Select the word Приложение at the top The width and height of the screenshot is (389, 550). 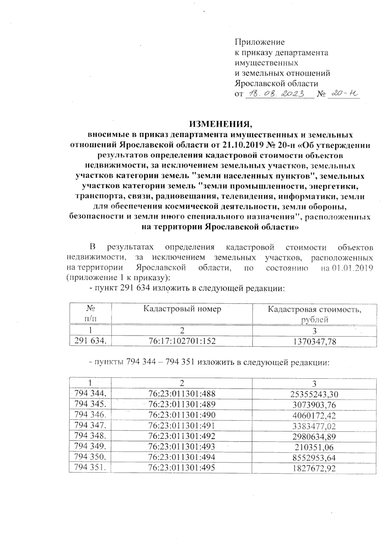[x=259, y=42]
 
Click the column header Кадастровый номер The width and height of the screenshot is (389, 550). [x=182, y=309]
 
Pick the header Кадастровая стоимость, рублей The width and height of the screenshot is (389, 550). [x=314, y=314]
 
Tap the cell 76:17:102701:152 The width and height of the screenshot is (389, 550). [x=182, y=341]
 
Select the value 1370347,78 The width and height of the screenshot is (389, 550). [x=314, y=341]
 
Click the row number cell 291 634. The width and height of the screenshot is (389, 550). [x=90, y=341]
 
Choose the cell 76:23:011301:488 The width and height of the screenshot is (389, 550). [x=182, y=394]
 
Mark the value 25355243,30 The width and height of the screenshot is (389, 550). [x=314, y=394]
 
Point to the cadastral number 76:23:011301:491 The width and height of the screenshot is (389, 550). [x=182, y=426]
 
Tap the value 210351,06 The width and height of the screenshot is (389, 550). [x=314, y=447]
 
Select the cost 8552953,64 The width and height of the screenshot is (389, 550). [x=314, y=458]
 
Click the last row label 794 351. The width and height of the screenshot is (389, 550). [x=90, y=468]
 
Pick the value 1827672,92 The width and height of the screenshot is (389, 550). [x=314, y=468]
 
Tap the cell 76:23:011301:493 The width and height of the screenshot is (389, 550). [x=182, y=447]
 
